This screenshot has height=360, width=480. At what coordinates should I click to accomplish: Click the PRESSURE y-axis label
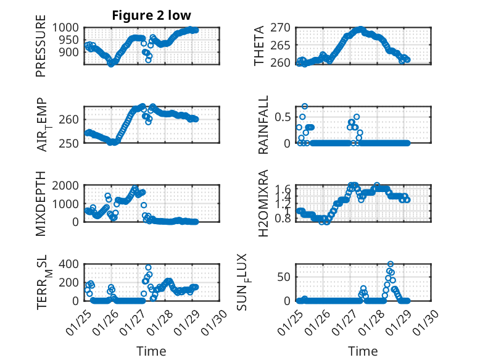pos(41,50)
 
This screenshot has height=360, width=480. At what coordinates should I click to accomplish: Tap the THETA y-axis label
pos(260,46)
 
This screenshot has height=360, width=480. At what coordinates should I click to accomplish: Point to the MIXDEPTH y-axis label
pos(41,203)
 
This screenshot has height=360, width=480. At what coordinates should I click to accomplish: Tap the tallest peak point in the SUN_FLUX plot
pos(390,264)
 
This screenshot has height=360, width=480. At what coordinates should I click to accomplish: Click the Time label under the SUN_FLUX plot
pos(363,351)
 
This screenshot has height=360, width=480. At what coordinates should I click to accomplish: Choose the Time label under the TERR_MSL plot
pos(151,351)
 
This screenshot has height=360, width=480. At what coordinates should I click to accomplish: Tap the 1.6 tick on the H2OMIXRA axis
pos(283,188)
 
